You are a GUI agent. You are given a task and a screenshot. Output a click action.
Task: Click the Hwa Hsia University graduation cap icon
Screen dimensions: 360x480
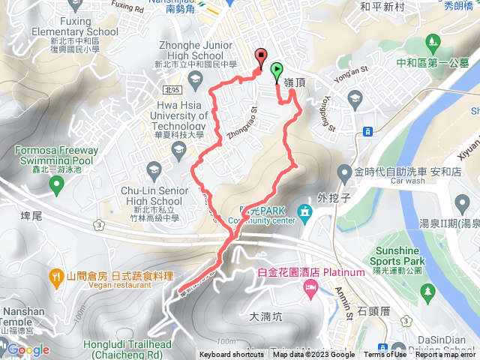(x=179, y=153)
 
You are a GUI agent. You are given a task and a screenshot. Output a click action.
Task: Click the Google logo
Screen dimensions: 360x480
(x=28, y=349)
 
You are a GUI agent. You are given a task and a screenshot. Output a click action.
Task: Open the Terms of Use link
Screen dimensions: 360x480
(x=384, y=355)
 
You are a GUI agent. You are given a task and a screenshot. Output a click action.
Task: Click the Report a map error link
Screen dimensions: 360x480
(x=445, y=355)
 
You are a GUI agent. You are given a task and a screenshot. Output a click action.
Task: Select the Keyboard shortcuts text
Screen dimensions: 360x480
(x=232, y=355)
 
